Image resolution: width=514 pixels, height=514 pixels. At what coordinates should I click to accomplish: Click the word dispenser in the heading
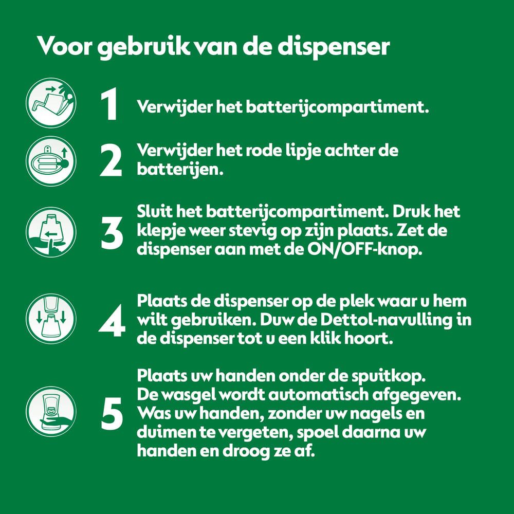click(x=334, y=47)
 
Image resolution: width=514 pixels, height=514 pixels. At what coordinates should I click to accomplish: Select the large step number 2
click(x=111, y=160)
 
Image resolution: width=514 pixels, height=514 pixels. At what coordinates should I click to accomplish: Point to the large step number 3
click(x=112, y=232)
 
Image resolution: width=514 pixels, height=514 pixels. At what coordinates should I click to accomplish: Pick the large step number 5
click(x=112, y=413)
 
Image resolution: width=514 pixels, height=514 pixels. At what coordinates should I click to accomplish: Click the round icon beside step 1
click(x=51, y=103)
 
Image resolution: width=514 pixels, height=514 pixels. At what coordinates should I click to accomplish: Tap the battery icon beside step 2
click(x=51, y=161)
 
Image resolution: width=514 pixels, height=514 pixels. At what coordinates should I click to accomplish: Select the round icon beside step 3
click(x=51, y=232)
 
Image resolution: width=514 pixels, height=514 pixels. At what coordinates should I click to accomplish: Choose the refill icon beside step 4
click(x=51, y=319)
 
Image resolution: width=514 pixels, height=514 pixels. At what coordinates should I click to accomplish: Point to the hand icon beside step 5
click(x=51, y=411)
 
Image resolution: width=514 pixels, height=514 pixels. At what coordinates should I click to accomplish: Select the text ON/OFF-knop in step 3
click(x=364, y=250)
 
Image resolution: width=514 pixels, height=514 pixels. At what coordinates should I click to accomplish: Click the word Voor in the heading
click(x=65, y=46)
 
